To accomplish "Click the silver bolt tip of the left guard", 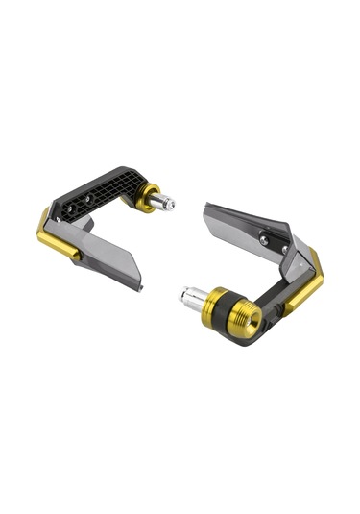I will pyautogui.click(x=168, y=204).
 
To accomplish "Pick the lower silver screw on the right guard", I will pyautogui.click(x=283, y=249).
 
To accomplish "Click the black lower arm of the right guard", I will pyautogui.click(x=274, y=302).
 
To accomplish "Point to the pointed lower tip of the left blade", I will pyautogui.click(x=141, y=285).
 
